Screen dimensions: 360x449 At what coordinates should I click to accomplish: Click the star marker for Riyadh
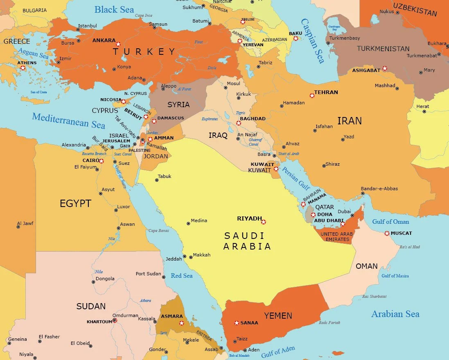click(263, 222)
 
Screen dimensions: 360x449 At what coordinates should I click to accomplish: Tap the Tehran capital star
click(312, 95)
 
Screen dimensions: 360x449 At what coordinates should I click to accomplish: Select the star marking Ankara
click(118, 44)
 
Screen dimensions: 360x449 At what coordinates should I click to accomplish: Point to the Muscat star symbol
click(387, 233)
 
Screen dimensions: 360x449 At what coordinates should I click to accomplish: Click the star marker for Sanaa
click(236, 323)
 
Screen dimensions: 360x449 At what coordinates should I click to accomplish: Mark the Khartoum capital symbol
click(115, 320)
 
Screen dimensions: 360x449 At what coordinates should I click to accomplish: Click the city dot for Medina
click(188, 223)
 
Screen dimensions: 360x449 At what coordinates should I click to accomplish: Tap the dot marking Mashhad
click(397, 88)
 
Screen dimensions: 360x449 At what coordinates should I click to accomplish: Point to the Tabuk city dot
click(156, 180)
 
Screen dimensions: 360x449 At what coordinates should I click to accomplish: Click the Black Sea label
click(114, 9)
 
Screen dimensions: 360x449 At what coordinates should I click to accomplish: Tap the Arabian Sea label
click(395, 314)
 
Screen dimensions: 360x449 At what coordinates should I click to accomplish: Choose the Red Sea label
click(182, 276)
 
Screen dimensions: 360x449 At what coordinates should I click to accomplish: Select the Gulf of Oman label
click(390, 222)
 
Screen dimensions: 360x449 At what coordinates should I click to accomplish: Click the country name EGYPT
click(75, 203)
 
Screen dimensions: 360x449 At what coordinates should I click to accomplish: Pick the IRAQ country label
click(218, 135)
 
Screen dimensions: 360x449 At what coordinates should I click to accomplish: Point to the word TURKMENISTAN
click(383, 49)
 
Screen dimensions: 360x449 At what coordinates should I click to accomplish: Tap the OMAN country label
click(366, 266)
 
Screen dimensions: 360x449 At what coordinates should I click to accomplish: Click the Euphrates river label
click(210, 119)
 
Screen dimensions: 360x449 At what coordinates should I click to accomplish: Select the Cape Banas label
click(158, 231)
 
